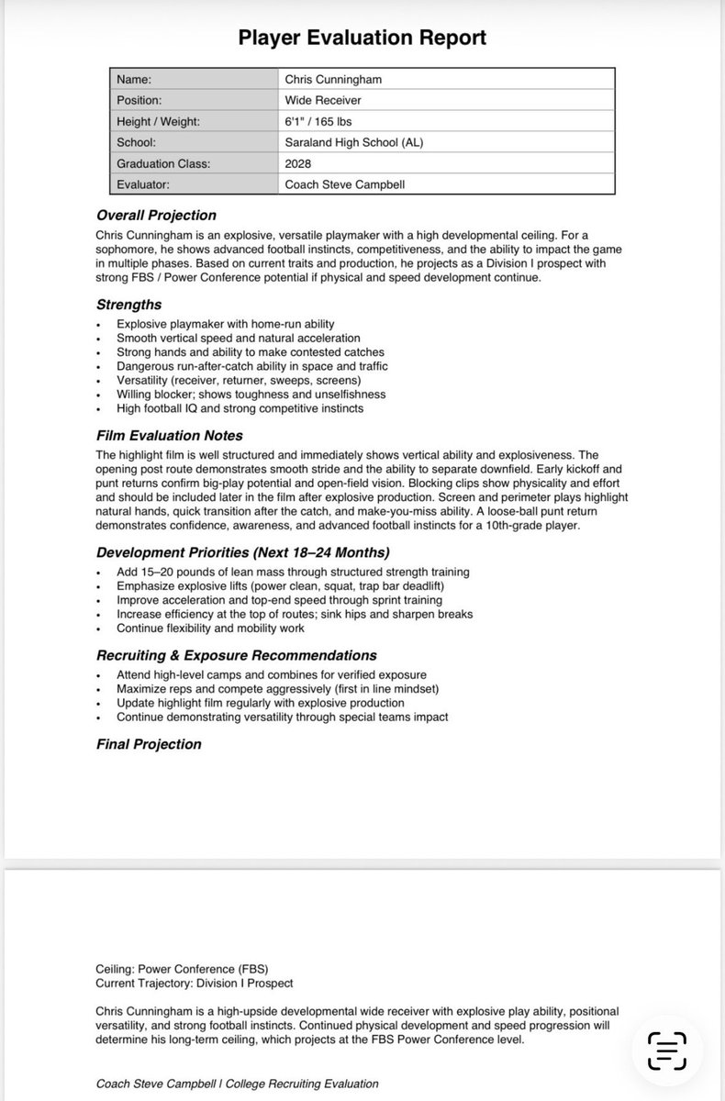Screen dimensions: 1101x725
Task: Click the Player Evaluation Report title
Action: click(x=362, y=38)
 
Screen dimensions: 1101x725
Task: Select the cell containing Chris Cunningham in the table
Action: click(x=333, y=80)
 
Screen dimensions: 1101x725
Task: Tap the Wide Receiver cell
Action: click(x=322, y=100)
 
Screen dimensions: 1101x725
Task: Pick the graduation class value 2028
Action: click(x=298, y=163)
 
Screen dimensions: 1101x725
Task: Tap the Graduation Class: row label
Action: click(x=164, y=163)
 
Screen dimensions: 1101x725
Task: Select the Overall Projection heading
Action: click(x=156, y=216)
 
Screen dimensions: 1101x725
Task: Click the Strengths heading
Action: click(x=128, y=305)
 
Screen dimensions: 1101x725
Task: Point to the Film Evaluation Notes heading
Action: click(x=169, y=436)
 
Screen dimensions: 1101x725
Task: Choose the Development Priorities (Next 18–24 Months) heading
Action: click(x=243, y=552)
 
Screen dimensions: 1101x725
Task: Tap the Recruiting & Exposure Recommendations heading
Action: click(x=236, y=656)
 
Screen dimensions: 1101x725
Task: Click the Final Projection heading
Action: click(x=149, y=744)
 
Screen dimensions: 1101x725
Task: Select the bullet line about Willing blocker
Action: click(x=251, y=395)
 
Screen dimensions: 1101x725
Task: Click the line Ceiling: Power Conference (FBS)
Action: click(x=181, y=969)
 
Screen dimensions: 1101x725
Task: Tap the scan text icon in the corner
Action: click(x=667, y=1051)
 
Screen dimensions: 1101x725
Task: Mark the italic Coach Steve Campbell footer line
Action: click(x=237, y=1084)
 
